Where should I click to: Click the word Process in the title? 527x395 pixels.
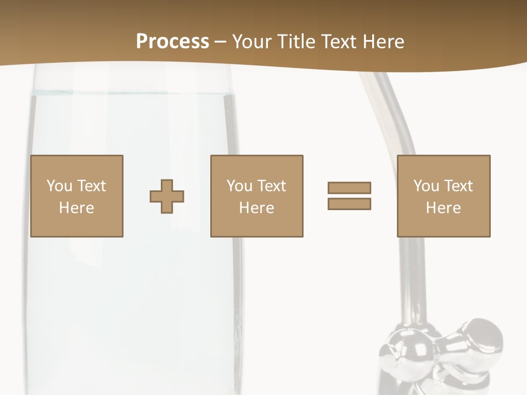tap(172, 42)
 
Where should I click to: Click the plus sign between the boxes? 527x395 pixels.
tap(167, 196)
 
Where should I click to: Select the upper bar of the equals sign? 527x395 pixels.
tap(349, 188)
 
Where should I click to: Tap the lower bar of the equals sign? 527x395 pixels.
tap(349, 204)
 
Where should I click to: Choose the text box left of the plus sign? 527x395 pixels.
tap(77, 196)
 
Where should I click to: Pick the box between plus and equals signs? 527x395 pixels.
tap(257, 196)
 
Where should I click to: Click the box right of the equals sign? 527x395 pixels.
tap(444, 196)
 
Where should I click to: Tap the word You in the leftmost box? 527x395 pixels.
tap(59, 185)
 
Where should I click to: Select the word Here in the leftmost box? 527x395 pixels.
tap(77, 208)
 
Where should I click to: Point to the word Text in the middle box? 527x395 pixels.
tap(271, 185)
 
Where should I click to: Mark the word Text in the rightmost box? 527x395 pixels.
tap(458, 185)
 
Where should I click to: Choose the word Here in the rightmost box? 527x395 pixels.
tap(444, 208)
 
